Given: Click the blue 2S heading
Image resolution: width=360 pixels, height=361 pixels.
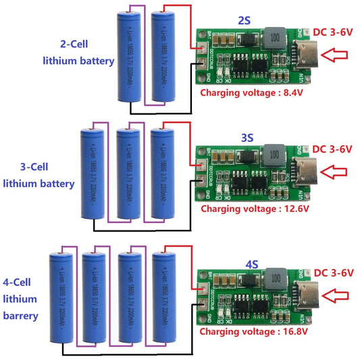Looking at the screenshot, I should click(x=245, y=21).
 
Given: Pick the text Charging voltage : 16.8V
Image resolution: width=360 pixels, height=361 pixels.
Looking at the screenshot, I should click(x=253, y=332).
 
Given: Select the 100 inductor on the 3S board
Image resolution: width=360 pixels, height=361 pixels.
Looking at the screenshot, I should click(x=274, y=155).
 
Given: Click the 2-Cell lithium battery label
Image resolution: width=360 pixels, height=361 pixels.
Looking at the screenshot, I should click(x=78, y=53).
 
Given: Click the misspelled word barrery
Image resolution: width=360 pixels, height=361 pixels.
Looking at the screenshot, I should click(x=20, y=315).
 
